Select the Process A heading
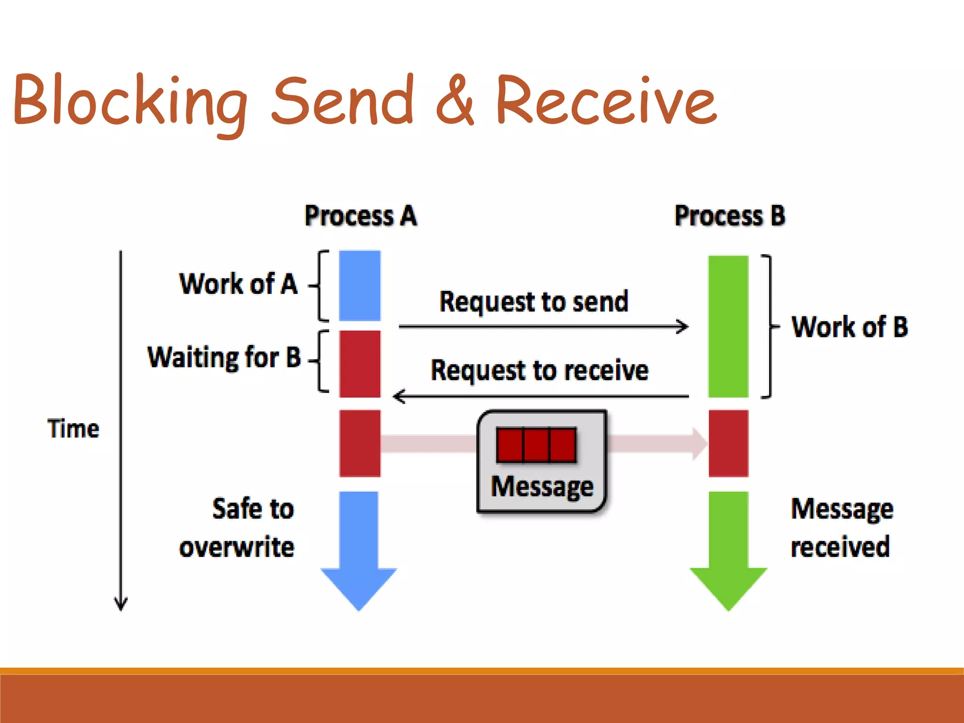[361, 216]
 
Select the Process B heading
[730, 216]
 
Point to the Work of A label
[239, 284]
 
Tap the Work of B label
[850, 327]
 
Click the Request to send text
[534, 301]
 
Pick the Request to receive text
[539, 370]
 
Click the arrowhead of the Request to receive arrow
[398, 396]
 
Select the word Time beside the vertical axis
[73, 429]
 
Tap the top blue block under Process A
[360, 285]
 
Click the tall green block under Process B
[728, 327]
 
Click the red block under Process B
[728, 443]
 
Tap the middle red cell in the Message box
[536, 445]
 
